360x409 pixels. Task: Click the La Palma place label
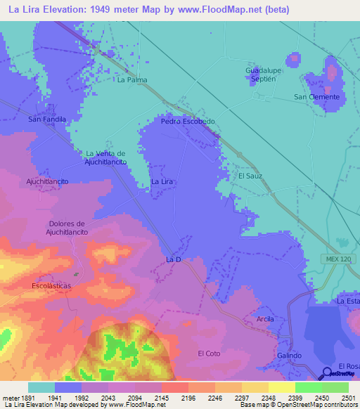132,80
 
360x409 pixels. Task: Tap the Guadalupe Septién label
264,75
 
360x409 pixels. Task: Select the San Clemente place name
316,96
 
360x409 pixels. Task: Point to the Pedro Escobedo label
188,121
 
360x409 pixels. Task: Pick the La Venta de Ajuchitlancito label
105,157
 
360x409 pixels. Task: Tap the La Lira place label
162,181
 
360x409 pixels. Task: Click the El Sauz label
250,176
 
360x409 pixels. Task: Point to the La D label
174,259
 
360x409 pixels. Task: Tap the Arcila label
265,319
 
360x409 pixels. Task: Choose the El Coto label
210,353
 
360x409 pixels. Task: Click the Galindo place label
288,356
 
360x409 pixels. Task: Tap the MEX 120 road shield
337,259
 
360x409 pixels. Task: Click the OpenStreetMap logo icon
328,373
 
